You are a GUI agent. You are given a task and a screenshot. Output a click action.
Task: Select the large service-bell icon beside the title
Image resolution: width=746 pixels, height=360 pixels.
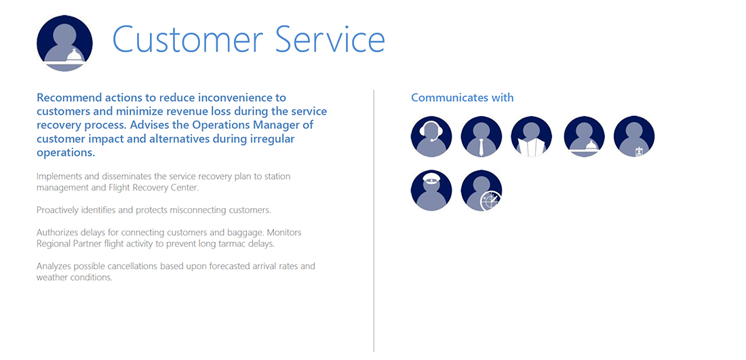64,43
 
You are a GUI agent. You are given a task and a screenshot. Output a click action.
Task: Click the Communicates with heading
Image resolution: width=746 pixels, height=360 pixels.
463,98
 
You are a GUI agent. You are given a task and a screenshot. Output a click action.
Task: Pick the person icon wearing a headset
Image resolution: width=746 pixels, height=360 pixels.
431,136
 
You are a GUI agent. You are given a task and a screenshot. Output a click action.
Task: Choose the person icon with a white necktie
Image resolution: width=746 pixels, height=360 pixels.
482,136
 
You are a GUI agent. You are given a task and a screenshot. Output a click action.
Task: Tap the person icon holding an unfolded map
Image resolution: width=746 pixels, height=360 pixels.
532,136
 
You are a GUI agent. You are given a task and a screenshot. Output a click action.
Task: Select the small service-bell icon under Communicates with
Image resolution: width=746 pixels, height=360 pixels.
584,136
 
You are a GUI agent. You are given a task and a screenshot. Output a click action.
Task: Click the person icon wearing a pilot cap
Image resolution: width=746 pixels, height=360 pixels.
431,191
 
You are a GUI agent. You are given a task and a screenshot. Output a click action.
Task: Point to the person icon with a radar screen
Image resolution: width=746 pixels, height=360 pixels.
482,191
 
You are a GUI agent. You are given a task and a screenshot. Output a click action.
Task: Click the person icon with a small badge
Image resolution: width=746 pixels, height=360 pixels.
634,136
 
